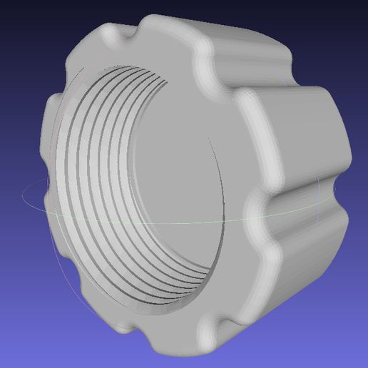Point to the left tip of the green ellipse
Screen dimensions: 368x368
pyautogui.click(x=23, y=195)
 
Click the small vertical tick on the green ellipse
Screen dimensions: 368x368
pyautogui.click(x=319, y=188)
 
